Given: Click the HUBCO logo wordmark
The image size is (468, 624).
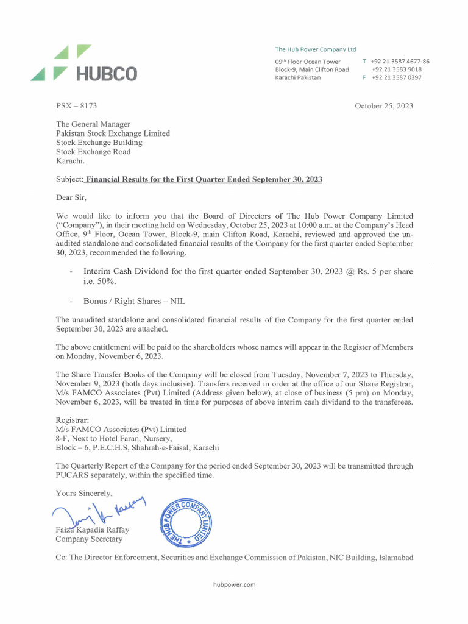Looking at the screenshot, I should click(106, 74).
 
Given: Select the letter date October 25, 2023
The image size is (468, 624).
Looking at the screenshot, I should click(384, 106).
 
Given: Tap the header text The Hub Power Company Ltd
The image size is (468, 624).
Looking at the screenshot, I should click(316, 49).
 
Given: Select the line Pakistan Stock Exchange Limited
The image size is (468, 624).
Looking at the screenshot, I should click(113, 133).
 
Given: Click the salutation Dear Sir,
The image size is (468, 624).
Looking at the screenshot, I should click(71, 197).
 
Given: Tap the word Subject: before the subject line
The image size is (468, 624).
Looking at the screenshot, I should click(68, 179).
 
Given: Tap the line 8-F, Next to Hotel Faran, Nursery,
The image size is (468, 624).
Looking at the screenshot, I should click(114, 439).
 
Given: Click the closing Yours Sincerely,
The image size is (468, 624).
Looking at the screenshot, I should click(84, 493).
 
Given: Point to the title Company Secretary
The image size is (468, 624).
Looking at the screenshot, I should click(89, 539).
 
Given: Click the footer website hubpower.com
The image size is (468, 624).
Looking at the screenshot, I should click(234, 584).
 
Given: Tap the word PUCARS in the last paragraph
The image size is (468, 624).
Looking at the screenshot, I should click(74, 475).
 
